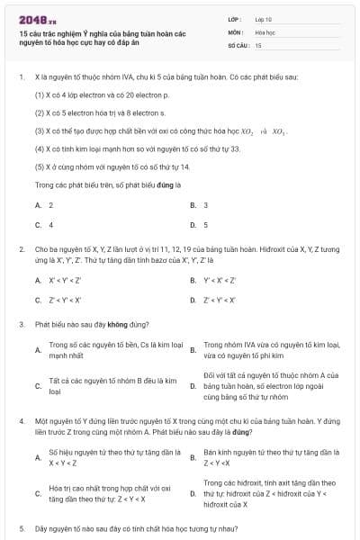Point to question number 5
[21, 528]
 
